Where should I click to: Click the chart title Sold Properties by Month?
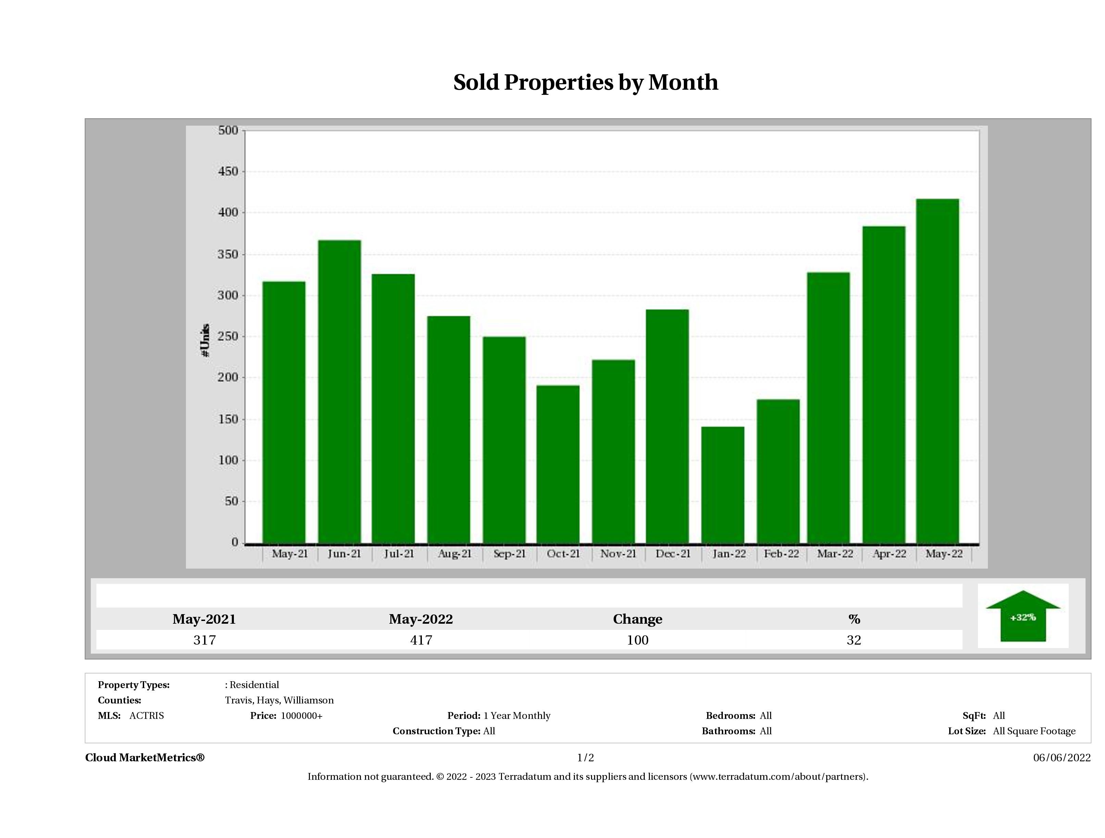click(586, 82)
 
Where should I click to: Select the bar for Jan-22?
click(723, 484)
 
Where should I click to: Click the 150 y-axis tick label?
click(228, 419)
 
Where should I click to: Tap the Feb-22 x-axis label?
click(781, 554)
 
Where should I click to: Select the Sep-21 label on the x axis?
click(509, 554)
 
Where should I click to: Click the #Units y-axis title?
click(205, 340)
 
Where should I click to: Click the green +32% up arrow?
click(1022, 617)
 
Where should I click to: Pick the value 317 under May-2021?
click(204, 640)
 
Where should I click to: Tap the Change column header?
click(638, 619)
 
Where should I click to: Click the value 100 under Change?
click(638, 640)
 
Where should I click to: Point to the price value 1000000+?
click(301, 716)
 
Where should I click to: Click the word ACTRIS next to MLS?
click(146, 716)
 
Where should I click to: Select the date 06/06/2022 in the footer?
click(1062, 758)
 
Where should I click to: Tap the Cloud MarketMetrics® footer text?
click(145, 758)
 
